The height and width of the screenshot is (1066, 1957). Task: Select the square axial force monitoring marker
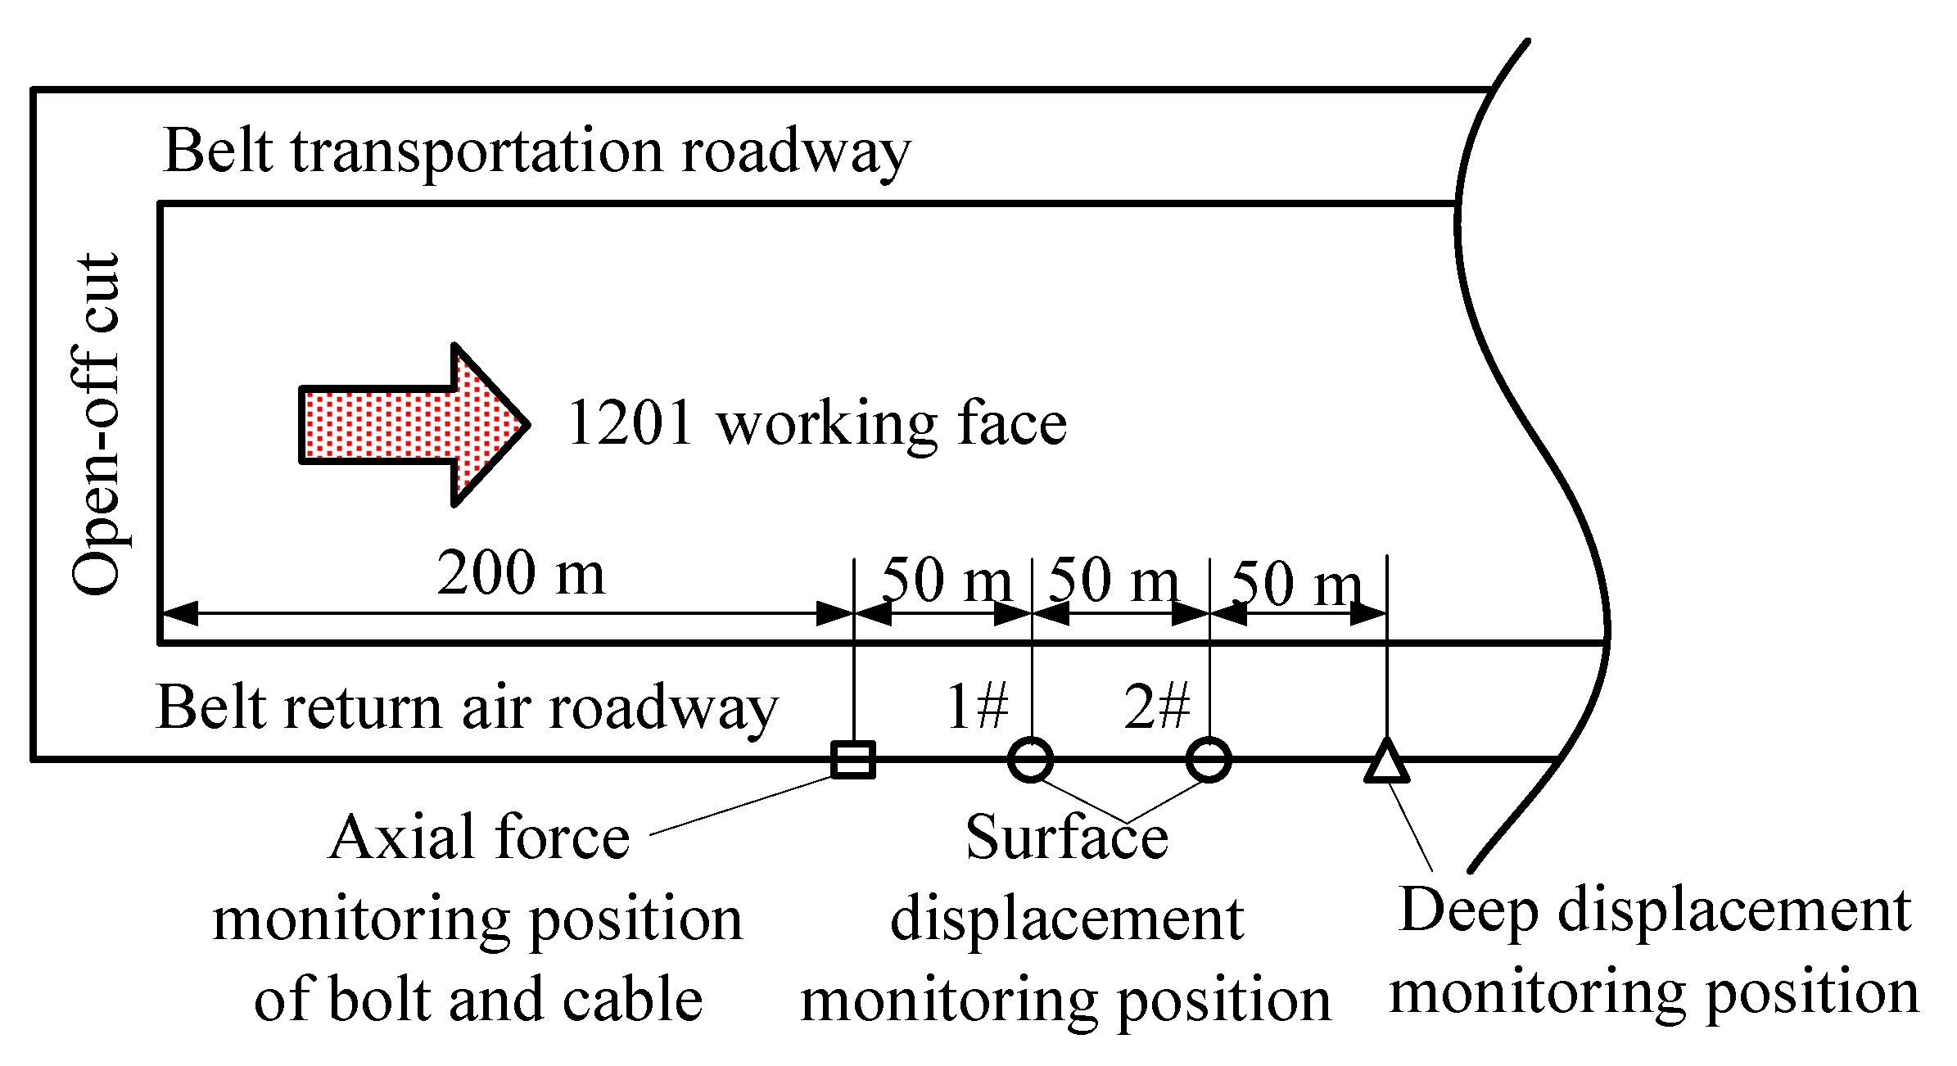coord(853,759)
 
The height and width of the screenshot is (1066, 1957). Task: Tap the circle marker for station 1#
coord(1030,759)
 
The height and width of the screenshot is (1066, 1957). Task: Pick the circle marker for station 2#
coord(1209,759)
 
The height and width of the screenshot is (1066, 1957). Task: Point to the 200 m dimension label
coord(521,573)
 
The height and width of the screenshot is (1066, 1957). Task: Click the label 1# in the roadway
coord(977,706)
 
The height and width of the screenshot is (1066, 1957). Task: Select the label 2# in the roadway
coord(1156,706)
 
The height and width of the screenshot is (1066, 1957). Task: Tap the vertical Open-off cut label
coord(97,424)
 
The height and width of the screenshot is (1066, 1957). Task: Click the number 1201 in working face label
coord(630,424)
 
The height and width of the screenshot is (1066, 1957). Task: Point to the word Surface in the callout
coord(1066,838)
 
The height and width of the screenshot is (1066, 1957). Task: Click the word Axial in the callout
coord(401,838)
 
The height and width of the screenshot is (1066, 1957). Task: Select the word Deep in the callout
coord(1470,910)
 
